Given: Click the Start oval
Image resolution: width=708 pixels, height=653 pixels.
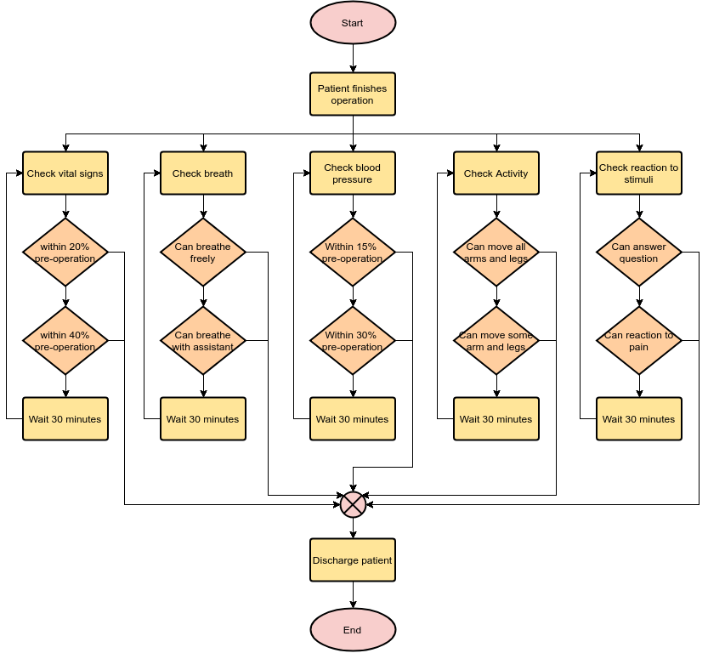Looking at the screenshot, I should [353, 23].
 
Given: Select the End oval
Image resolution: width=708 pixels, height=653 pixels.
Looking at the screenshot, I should [353, 630].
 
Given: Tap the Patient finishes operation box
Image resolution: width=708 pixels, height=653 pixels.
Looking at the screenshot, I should [353, 94].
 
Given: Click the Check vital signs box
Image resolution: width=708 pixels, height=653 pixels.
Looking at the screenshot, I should [65, 173].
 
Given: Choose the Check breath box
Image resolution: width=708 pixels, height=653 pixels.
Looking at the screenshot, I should [203, 173].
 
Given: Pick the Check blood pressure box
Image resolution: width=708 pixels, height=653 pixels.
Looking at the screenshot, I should [353, 173].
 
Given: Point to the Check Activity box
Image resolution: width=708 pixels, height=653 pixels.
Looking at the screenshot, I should [496, 173].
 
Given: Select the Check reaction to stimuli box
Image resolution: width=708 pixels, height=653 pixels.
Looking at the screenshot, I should [639, 173].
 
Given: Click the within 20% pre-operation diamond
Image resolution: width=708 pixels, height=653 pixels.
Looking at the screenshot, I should [65, 253].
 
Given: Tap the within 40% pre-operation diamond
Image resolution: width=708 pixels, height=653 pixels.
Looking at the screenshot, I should [65, 341].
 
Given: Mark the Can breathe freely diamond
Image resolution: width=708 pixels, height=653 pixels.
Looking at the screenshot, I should [203, 253].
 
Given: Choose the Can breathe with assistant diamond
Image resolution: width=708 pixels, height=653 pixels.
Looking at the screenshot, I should [203, 341].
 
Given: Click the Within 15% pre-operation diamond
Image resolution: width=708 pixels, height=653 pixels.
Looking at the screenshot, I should [353, 253].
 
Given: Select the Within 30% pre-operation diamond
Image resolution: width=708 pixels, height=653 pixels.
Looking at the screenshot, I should [353, 341].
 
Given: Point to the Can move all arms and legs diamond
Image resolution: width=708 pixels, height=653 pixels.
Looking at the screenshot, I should [496, 253].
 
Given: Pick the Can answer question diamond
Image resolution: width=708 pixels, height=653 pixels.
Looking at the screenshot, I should [639, 253].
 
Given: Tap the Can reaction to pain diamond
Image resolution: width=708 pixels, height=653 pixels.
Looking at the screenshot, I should [639, 341].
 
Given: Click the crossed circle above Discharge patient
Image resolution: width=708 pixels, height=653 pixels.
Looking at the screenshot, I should [353, 505].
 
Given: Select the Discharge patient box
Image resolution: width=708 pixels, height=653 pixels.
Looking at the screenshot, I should [353, 560].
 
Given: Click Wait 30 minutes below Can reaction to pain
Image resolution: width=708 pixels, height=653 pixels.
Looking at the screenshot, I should [639, 419].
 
